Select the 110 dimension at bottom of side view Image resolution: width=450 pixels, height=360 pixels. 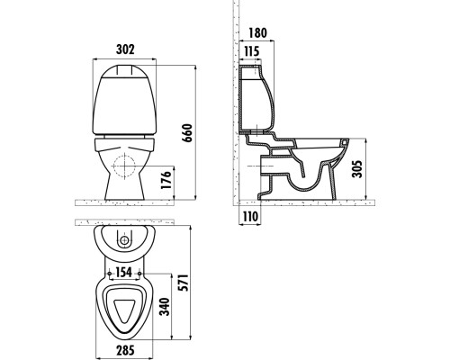point(247,217)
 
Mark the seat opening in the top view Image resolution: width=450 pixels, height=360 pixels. point(127,308)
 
